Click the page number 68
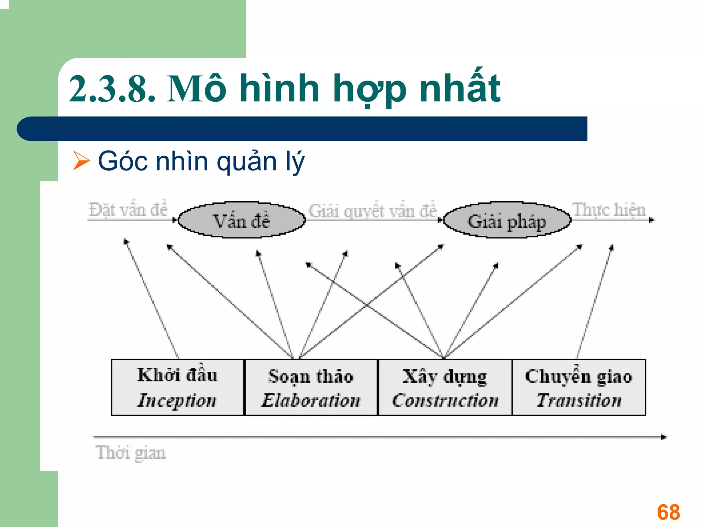(668, 512)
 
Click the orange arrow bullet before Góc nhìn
(81, 161)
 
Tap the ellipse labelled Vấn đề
(242, 220)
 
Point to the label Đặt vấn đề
(128, 210)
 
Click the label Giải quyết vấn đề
(373, 211)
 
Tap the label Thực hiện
(609, 210)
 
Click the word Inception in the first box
(177, 401)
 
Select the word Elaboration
(311, 401)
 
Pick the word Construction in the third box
(445, 401)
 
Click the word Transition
(579, 401)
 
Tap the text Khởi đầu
(177, 375)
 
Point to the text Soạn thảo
(311, 377)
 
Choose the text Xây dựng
(445, 377)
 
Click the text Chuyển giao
(579, 376)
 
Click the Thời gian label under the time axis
(131, 453)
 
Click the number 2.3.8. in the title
(112, 89)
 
